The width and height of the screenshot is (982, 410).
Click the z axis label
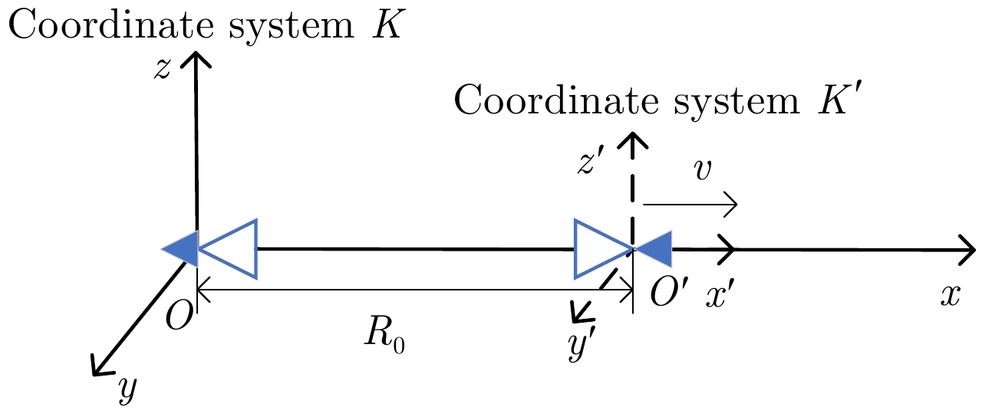pos(162,69)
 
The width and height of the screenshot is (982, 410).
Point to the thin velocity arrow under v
pos(690,205)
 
